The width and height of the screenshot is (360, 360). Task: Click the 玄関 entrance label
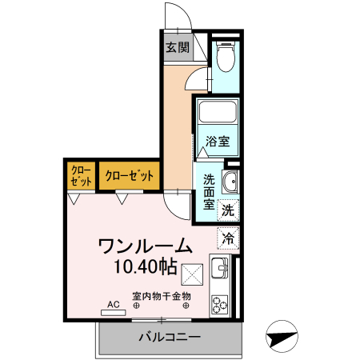click(x=178, y=48)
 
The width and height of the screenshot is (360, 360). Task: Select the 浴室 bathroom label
click(x=218, y=142)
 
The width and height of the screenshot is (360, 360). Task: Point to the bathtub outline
click(x=218, y=114)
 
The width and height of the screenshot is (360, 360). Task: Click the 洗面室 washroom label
click(x=208, y=192)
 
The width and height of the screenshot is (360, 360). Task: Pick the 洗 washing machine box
click(x=229, y=210)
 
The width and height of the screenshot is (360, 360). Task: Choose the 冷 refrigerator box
click(x=229, y=238)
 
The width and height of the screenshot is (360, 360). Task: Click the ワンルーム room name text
click(x=145, y=246)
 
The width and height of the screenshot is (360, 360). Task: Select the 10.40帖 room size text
click(x=145, y=266)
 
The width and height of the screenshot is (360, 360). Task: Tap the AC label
click(x=113, y=304)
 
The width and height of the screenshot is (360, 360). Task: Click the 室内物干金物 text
click(x=162, y=296)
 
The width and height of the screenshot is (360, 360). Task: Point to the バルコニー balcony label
click(x=168, y=337)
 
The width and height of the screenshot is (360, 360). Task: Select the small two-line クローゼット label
click(x=80, y=175)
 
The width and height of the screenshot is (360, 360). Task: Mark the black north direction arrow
click(x=285, y=337)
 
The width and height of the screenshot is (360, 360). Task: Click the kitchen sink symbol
click(x=219, y=270)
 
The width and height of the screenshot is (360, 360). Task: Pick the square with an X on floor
click(x=193, y=274)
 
